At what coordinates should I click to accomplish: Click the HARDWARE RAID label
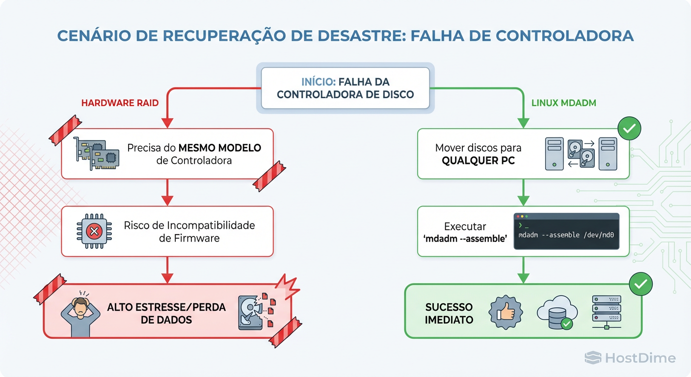[120, 103]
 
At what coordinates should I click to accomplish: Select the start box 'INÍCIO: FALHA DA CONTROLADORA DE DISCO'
[345, 87]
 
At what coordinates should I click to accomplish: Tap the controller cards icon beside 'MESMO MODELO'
[97, 154]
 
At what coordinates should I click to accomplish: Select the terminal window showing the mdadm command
[566, 231]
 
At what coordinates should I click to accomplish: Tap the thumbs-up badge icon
[506, 312]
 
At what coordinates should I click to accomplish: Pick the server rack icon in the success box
[607, 312]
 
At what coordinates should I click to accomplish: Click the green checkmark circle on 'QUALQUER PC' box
[629, 129]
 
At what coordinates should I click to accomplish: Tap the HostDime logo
[630, 358]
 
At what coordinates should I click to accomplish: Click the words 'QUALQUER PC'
[478, 161]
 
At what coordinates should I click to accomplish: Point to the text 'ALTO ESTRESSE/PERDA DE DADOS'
[166, 313]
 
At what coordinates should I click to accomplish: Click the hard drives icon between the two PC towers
[581, 154]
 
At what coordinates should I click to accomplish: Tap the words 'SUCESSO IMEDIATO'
[449, 313]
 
